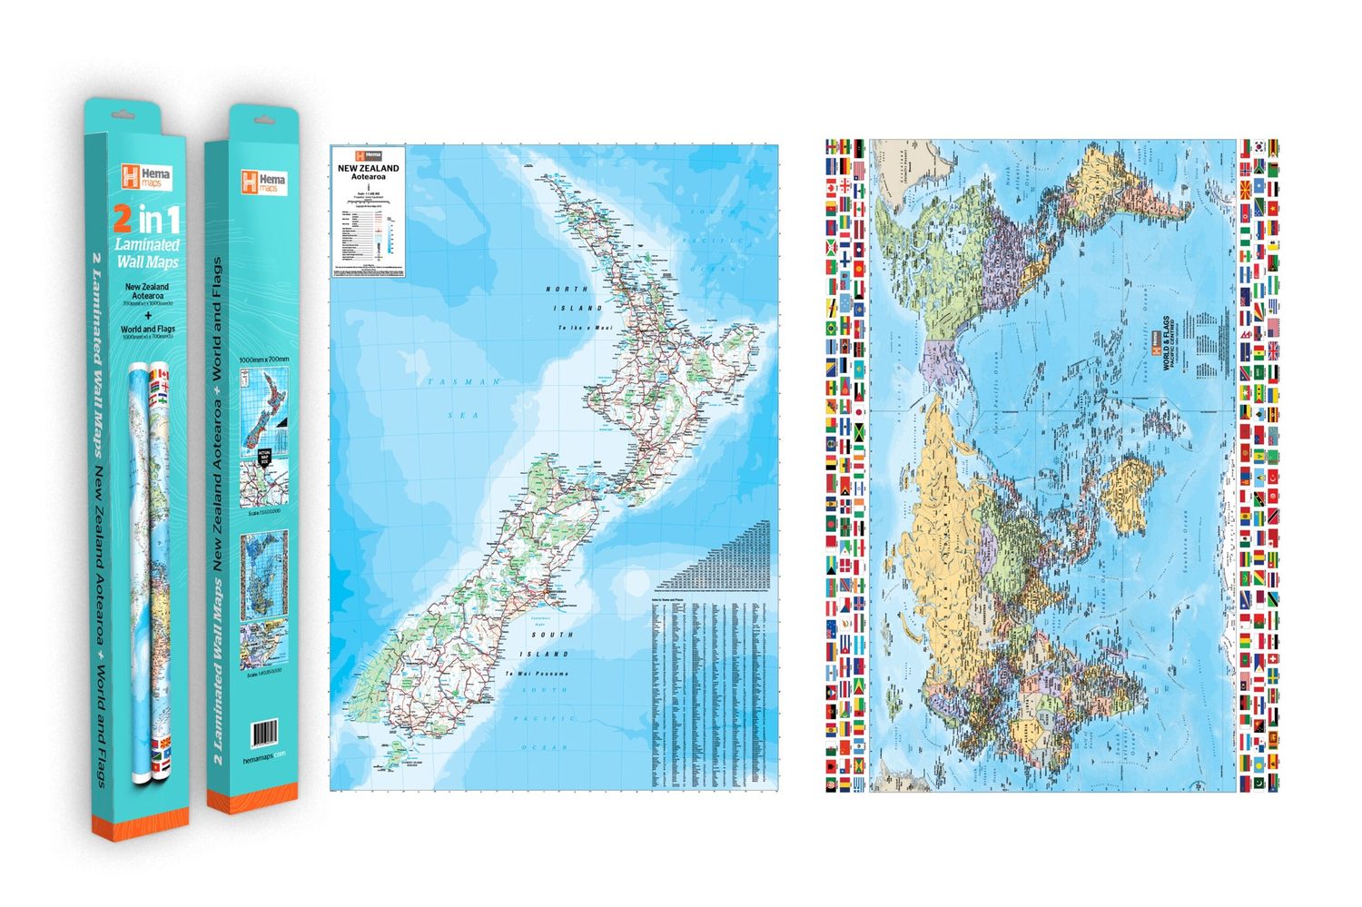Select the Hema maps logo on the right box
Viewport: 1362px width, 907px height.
(x=262, y=181)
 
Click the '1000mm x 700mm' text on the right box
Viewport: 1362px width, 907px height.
(x=263, y=360)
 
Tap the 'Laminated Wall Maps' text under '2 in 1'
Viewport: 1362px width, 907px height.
(x=146, y=253)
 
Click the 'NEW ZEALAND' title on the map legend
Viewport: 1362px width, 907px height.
(x=368, y=168)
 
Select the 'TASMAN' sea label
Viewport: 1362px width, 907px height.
(x=463, y=382)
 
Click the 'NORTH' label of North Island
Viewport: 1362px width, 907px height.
(x=567, y=289)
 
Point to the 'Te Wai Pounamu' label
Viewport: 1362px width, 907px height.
(x=537, y=674)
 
